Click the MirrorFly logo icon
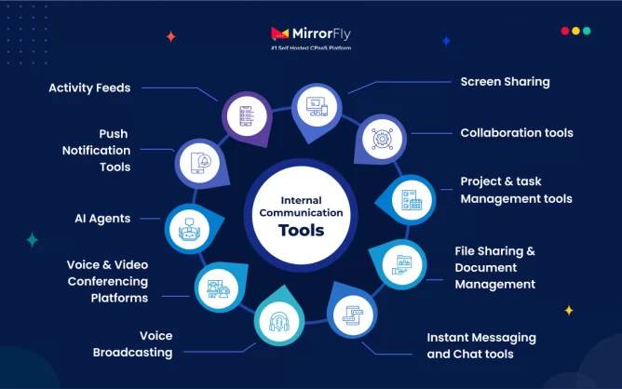(x=279, y=34)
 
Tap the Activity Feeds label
(x=89, y=88)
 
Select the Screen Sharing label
(x=505, y=82)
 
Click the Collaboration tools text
(x=516, y=133)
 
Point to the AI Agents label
(x=102, y=219)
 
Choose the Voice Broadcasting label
(x=133, y=344)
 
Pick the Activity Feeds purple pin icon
(x=245, y=116)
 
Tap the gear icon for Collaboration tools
(x=380, y=138)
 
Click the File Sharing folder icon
(x=404, y=266)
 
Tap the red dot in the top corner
(x=565, y=31)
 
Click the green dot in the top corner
(x=587, y=31)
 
